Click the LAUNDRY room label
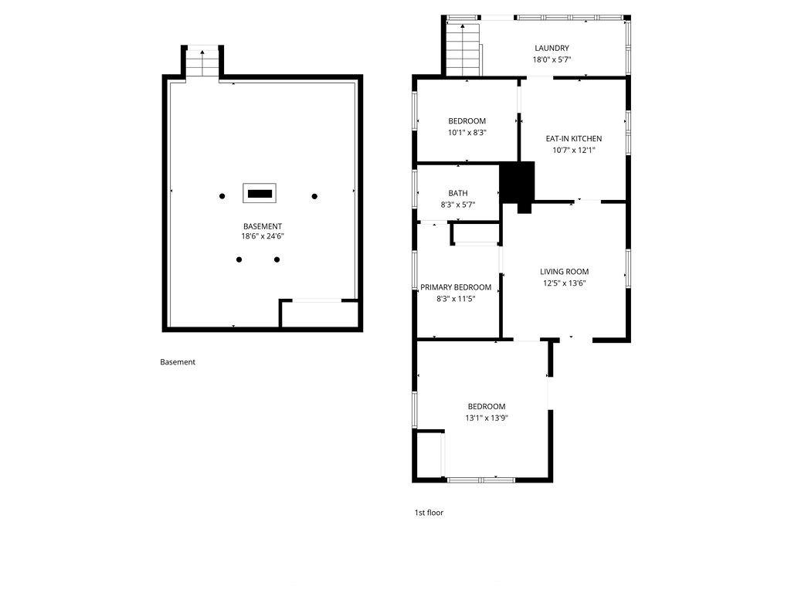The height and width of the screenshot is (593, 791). click(552, 48)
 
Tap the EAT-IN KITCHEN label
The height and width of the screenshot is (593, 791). click(574, 138)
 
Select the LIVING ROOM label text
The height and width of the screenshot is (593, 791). click(564, 271)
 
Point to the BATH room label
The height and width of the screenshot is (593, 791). click(457, 193)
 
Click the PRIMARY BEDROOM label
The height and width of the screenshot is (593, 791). click(456, 287)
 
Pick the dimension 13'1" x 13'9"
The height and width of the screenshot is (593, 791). click(487, 418)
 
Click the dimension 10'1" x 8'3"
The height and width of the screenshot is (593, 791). click(467, 132)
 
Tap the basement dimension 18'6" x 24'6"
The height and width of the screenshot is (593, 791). click(263, 236)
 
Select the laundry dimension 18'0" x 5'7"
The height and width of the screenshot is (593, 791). click(552, 59)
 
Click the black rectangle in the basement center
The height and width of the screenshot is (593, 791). click(260, 194)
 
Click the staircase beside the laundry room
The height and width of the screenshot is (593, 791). click(463, 49)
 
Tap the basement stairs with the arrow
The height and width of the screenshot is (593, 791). click(202, 63)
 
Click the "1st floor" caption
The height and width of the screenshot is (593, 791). click(429, 513)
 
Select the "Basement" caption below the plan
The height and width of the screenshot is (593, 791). click(178, 361)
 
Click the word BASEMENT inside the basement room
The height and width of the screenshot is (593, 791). click(263, 226)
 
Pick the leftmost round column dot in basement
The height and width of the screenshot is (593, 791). click(222, 196)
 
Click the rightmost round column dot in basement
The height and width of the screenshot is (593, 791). click(314, 196)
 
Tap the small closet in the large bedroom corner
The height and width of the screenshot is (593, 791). click(429, 454)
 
